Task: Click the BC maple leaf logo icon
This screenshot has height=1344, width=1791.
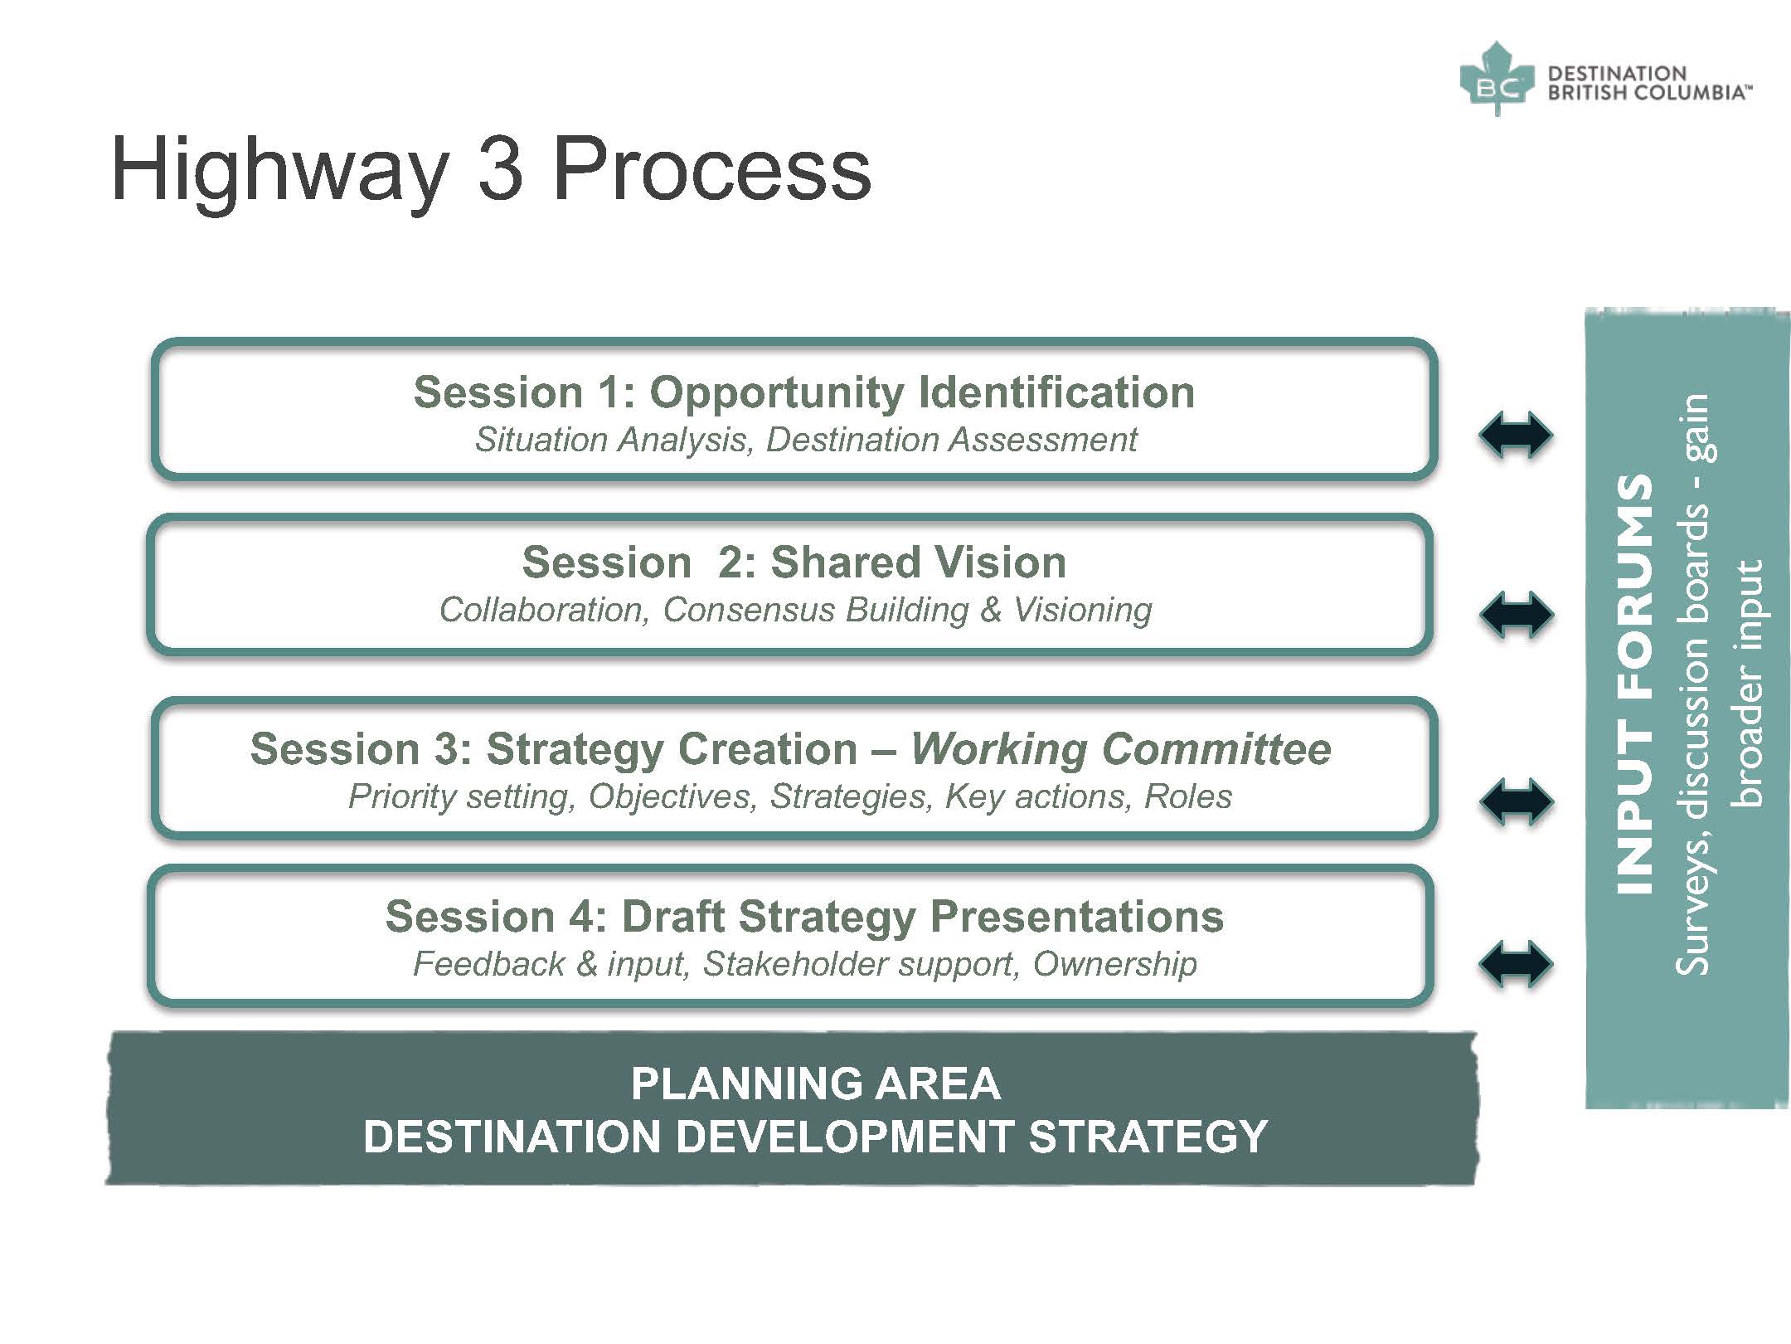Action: click(1497, 79)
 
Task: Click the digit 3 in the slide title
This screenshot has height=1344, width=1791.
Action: click(501, 169)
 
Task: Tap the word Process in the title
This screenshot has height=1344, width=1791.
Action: click(712, 169)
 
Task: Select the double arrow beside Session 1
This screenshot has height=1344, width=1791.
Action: click(1516, 435)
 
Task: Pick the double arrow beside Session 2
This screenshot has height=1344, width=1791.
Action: click(1516, 615)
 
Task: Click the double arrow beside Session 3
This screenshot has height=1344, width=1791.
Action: click(1516, 801)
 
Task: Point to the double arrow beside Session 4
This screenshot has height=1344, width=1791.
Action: click(1516, 964)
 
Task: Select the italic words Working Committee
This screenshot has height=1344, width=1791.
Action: click(1121, 749)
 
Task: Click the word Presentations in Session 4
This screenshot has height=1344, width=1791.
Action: click(1076, 917)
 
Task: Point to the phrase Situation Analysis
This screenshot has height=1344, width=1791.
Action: click(614, 441)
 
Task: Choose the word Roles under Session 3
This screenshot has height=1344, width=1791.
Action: click(1187, 796)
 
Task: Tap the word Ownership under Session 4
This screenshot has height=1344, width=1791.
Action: click(1114, 964)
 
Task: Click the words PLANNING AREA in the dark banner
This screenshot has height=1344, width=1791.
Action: click(816, 1083)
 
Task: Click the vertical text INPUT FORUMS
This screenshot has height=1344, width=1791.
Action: click(1634, 684)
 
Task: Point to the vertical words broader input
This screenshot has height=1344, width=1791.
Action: click(1748, 684)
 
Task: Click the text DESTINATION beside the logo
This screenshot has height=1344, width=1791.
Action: click(1617, 73)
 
